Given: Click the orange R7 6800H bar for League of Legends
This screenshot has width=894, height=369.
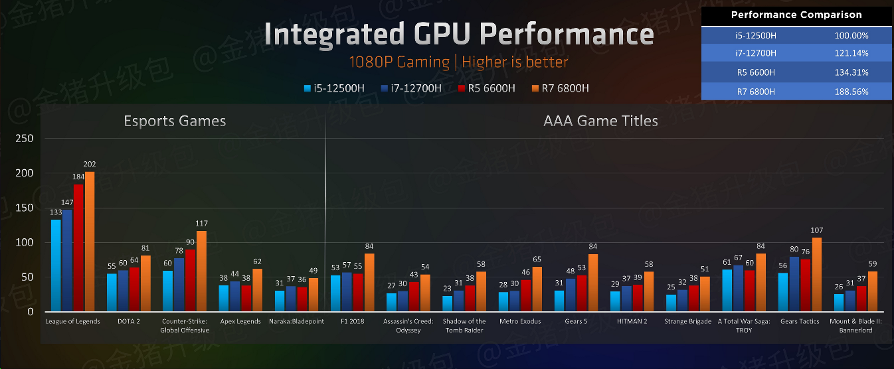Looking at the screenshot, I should coord(90,242).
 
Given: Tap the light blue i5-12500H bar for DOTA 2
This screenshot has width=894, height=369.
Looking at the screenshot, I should coord(112,293).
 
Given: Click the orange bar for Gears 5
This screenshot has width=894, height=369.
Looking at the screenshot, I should coord(593,283).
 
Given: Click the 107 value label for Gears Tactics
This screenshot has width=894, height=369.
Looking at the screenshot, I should coord(816,232).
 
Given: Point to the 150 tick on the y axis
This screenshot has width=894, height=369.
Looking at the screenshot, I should coord(25,208).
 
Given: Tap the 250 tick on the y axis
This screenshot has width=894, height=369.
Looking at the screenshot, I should coord(25,139).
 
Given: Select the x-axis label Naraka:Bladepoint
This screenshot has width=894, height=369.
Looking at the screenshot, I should coord(296,322).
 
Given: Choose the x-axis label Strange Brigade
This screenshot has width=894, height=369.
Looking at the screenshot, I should coord(687,322).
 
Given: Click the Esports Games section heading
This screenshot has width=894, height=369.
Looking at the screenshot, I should coord(175,121).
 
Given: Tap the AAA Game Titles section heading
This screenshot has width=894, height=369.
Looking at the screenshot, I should coord(600,121).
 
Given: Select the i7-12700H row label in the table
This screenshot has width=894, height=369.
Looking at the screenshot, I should coord(755,52).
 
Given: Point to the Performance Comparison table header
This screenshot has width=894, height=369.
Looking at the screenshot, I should coord(796,15).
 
